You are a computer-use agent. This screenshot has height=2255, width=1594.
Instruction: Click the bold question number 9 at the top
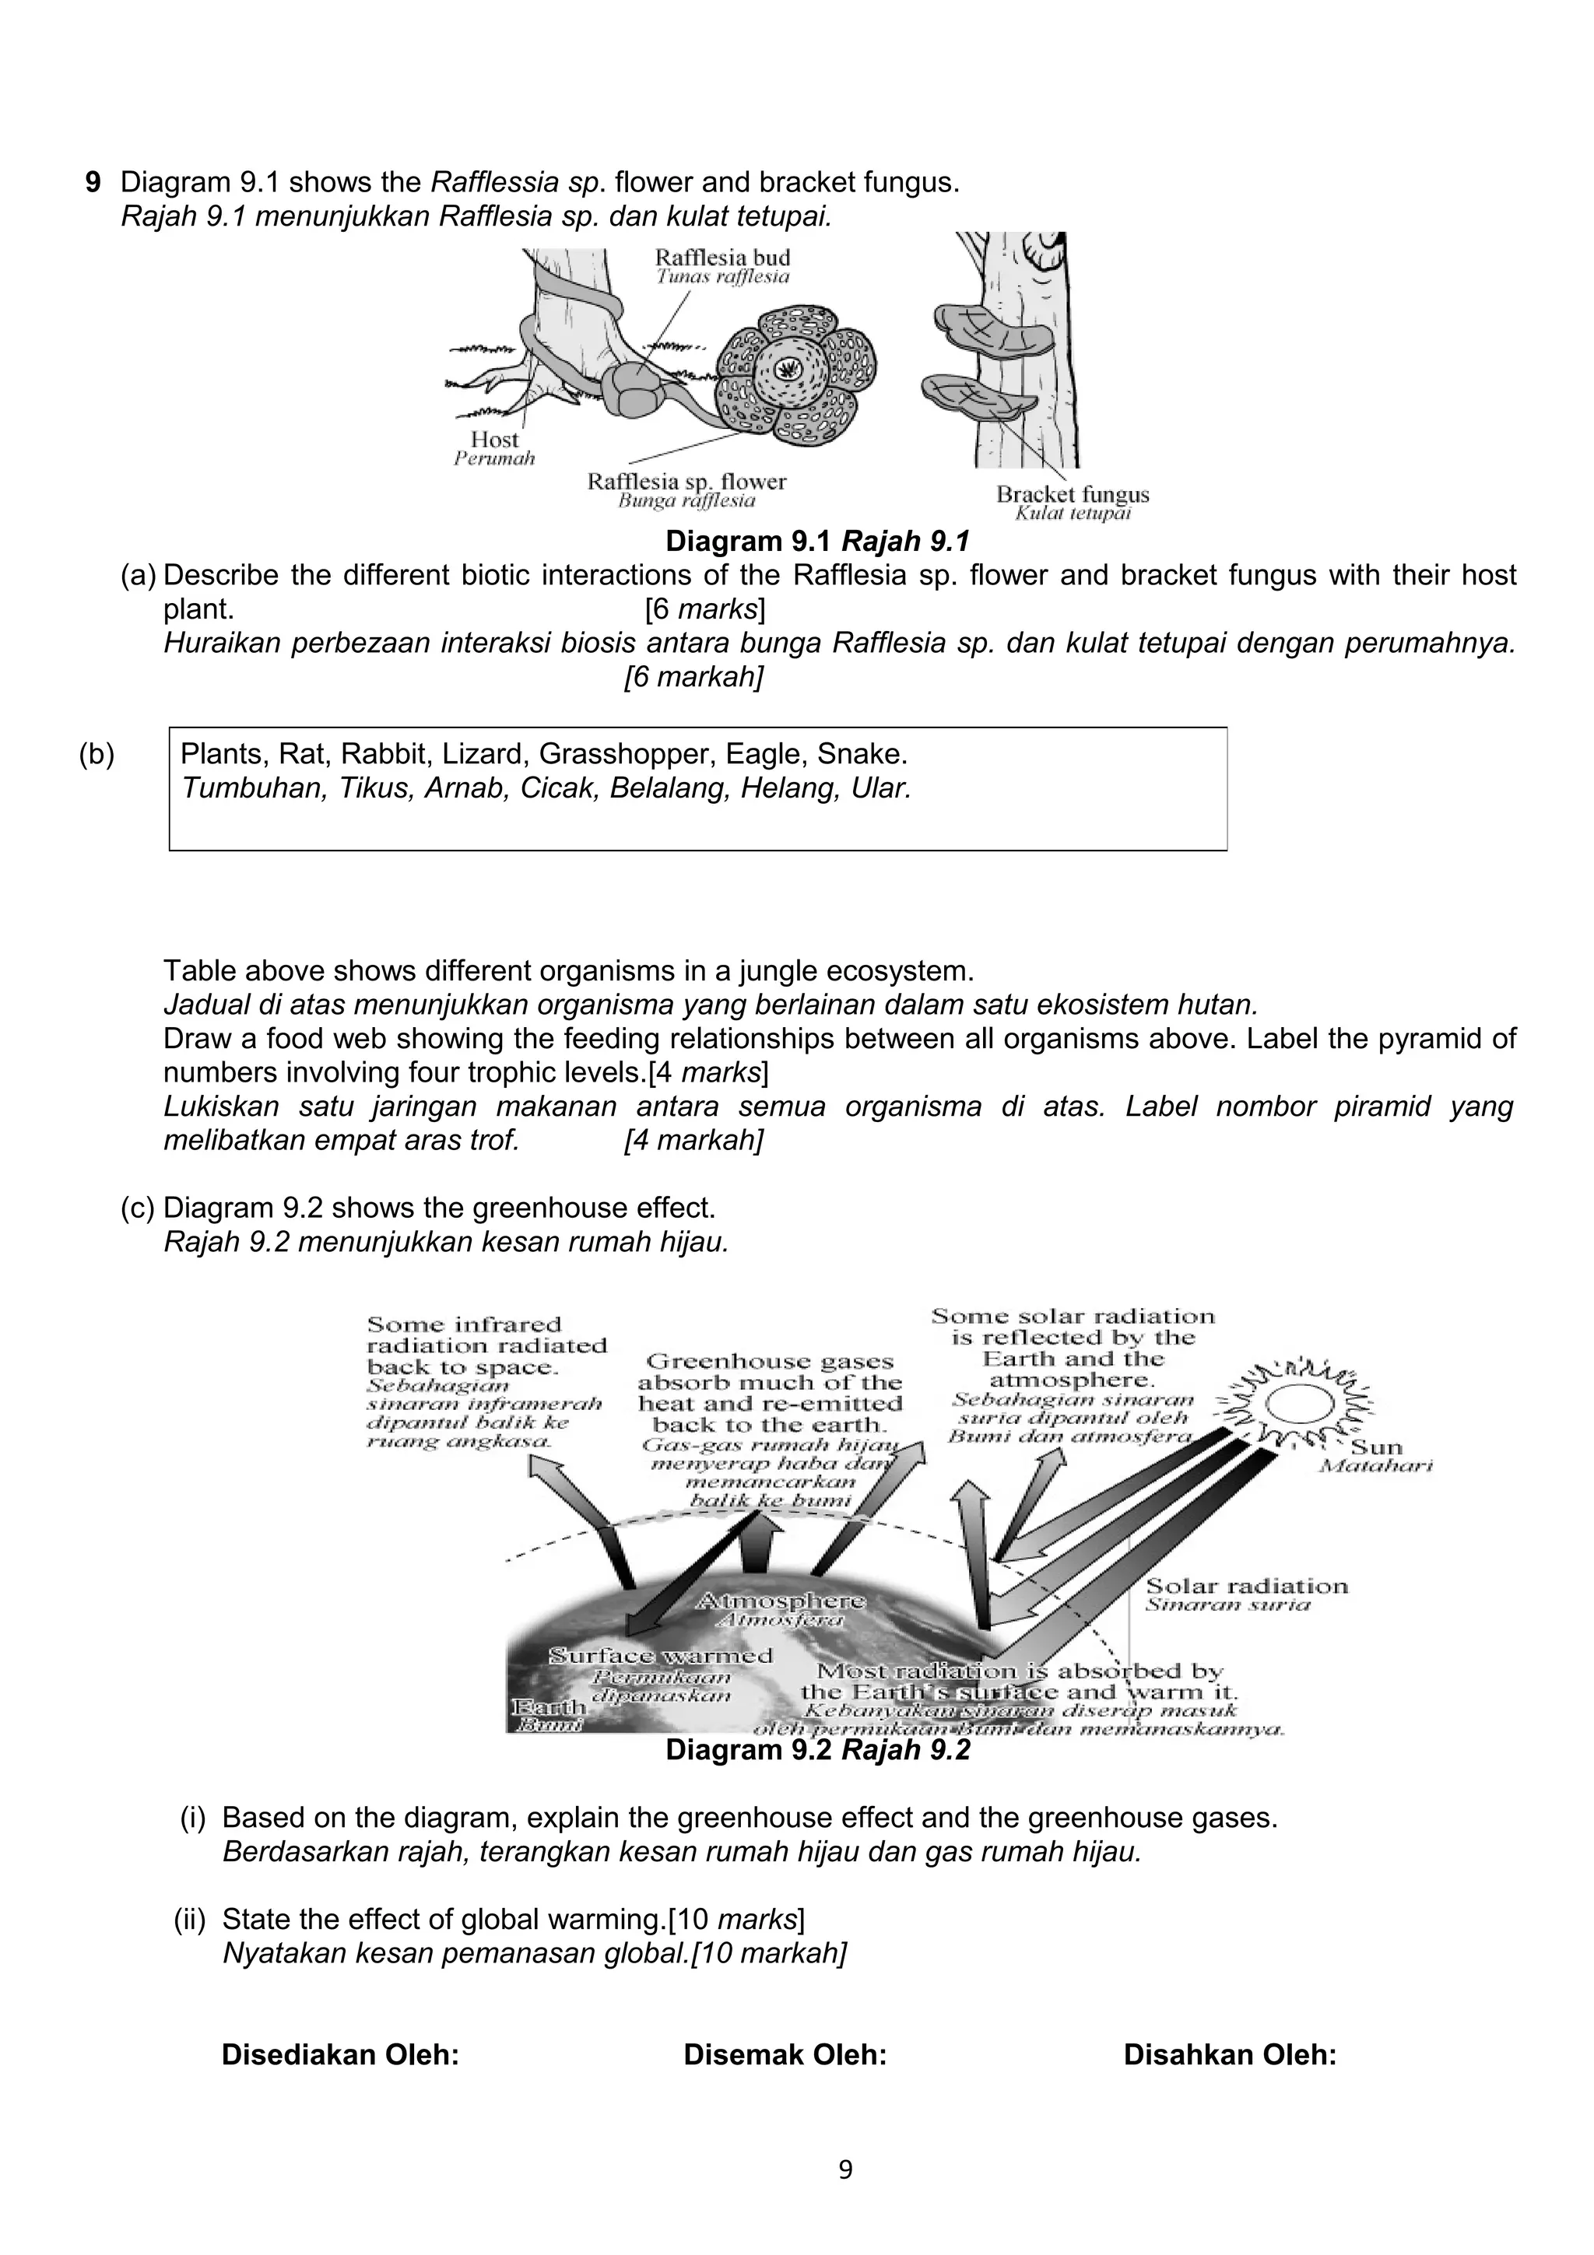pyautogui.click(x=93, y=183)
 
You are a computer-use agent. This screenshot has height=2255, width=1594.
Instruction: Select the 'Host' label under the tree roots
pyautogui.click(x=494, y=440)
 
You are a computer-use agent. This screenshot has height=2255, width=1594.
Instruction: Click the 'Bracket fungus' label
pyautogui.click(x=1073, y=494)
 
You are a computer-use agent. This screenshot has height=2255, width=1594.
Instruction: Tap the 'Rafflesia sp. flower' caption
pyautogui.click(x=686, y=481)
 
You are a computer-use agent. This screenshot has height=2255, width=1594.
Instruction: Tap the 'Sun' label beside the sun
pyautogui.click(x=1377, y=1447)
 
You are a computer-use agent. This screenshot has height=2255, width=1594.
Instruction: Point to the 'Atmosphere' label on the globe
pyautogui.click(x=781, y=1600)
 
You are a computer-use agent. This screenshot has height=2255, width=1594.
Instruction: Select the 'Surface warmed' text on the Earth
pyautogui.click(x=660, y=1655)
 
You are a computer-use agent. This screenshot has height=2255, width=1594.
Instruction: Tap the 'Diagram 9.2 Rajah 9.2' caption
pyautogui.click(x=817, y=1750)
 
